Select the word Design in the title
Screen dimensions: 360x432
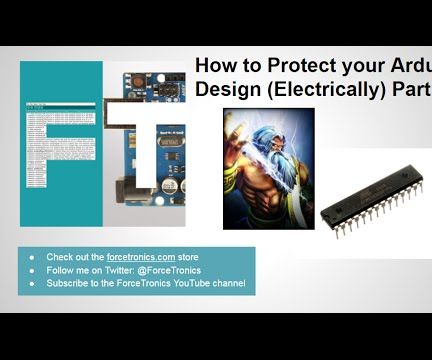coord(226,88)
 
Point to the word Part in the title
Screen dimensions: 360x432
coord(413,88)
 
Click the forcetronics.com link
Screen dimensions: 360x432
coord(141,257)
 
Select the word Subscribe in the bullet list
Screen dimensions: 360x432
coord(66,283)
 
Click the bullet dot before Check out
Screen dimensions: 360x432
coord(31,257)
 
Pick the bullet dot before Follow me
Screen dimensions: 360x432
coord(31,270)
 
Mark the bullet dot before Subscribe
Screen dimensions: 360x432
coord(31,283)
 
